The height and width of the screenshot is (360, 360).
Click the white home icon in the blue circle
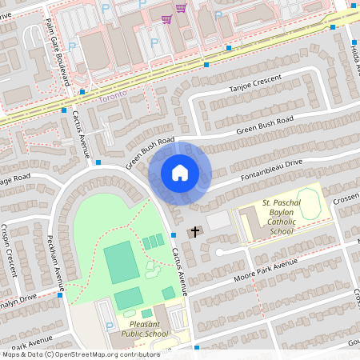(180, 173)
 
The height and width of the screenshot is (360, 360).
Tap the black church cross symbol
(194, 233)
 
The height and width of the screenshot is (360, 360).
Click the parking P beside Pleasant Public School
(109, 326)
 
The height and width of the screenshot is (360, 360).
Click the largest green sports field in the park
(121, 262)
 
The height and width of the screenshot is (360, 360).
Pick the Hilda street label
(354, 55)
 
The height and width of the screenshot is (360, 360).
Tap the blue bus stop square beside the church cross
(174, 235)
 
